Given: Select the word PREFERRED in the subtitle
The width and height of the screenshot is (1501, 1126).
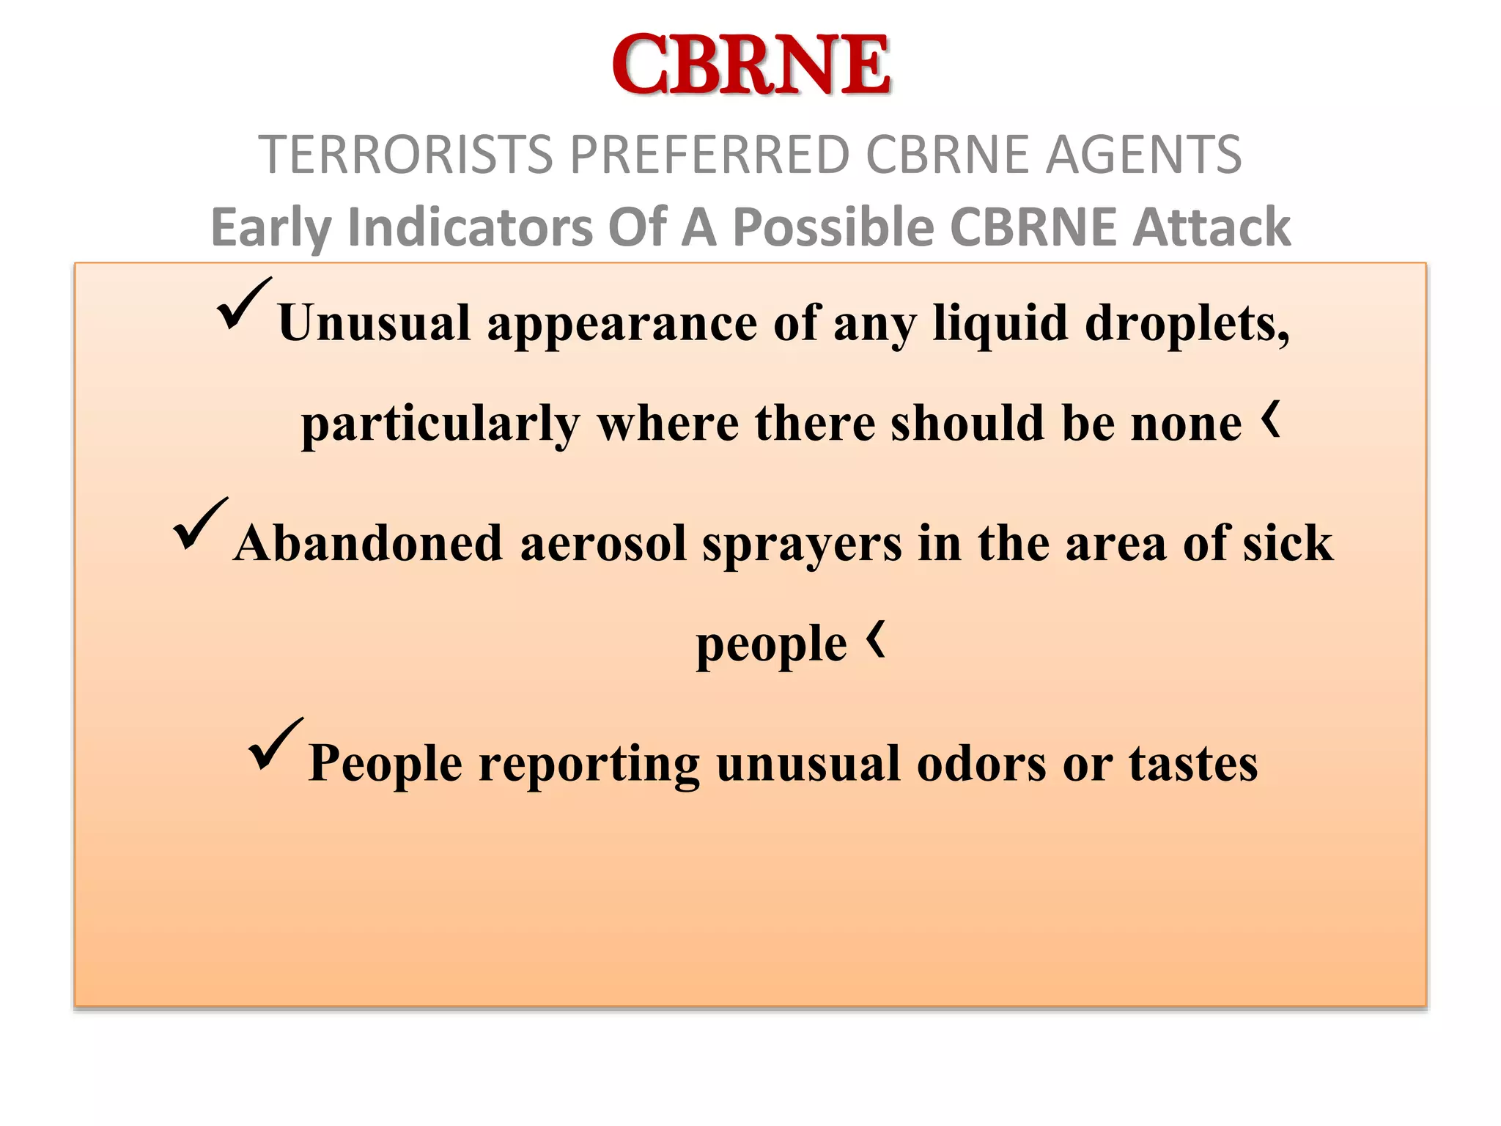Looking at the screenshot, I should pos(709,155).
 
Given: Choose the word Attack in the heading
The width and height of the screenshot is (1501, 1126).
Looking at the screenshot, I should pos(1212,227).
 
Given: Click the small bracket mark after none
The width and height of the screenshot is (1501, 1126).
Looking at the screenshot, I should pos(1272,419).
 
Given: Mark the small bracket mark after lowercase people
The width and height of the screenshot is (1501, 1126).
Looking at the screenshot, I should pos(877,639).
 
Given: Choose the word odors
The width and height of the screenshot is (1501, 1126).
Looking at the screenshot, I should pos(981,763).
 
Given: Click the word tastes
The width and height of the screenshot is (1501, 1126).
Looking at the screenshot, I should pos(1192,763).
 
